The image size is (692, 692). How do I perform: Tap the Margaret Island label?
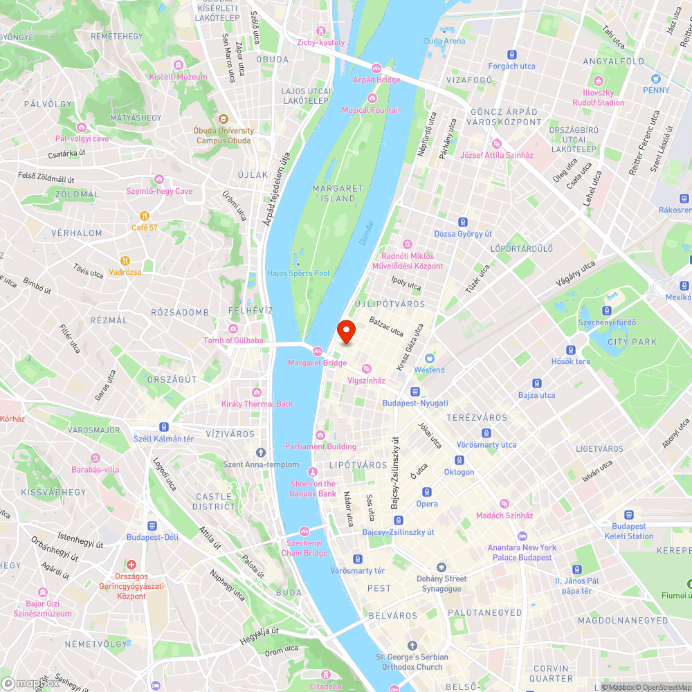coord(338,193)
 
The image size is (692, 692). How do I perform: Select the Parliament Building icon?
coord(320,435)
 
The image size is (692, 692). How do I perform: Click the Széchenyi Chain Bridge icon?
coord(304,531)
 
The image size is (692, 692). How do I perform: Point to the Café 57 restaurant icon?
coord(145,215)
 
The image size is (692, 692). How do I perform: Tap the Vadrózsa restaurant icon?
coord(125,261)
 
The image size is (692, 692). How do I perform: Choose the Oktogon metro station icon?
coord(459,460)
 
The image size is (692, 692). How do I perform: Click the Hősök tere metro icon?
coord(571,350)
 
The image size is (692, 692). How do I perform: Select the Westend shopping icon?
coord(429,358)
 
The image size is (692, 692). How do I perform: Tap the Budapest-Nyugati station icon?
coord(415,391)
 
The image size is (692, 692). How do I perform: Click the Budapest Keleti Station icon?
coord(628,515)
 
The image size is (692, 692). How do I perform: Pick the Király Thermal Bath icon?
coord(257,392)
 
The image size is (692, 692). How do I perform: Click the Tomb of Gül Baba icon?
coord(233,328)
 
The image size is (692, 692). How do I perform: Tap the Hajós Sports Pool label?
coord(299,273)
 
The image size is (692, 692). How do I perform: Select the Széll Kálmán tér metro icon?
coord(163,427)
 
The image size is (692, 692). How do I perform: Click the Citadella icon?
coord(325,675)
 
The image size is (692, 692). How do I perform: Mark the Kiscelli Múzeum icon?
coord(179,65)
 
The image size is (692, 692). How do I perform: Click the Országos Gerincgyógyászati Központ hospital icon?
coord(131,565)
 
